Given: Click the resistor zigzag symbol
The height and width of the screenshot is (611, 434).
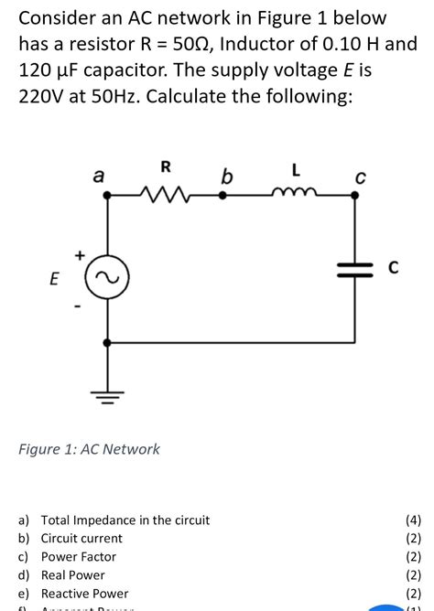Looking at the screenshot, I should (x=165, y=194).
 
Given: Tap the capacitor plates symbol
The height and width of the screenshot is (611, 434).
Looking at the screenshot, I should (x=353, y=269).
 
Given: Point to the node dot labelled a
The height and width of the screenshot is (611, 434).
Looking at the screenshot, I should (x=109, y=195).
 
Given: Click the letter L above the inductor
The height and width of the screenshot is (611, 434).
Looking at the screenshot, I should (x=293, y=168).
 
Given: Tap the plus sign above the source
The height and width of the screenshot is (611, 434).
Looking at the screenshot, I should (x=80, y=255).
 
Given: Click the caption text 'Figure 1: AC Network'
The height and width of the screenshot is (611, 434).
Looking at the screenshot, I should (x=90, y=449).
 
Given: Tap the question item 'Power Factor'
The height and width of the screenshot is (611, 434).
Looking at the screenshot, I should (x=79, y=556).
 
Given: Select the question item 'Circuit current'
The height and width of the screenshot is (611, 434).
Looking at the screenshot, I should (x=81, y=538).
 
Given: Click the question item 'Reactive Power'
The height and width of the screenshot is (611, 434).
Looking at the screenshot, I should (x=84, y=593).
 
